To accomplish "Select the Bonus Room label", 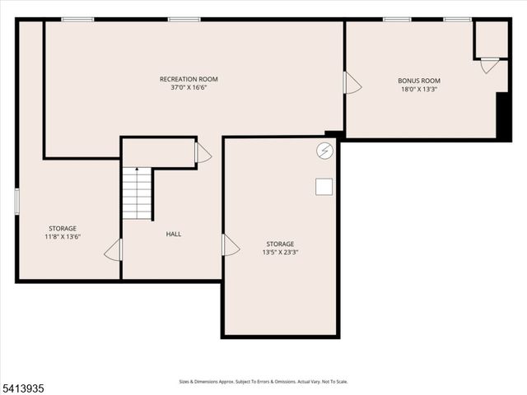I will point(419,81).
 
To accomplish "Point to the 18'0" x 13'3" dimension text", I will point(419,89).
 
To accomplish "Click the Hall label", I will point(174,235).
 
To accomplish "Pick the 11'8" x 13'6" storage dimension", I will point(63,237).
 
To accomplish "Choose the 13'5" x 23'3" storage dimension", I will point(280,253).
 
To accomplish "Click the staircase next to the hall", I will point(138,193).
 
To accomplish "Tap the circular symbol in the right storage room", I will point(324,151).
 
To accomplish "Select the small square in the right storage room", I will point(324,187).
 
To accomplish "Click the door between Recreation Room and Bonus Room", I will point(352,83).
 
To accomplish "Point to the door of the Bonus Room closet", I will point(489,65).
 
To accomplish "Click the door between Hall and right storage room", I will point(230,245).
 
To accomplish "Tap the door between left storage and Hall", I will point(114,250).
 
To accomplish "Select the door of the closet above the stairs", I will point(203,153).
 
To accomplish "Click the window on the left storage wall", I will point(16,202).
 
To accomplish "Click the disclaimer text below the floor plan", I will point(263,382).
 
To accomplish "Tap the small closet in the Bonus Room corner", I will point(492,39).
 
